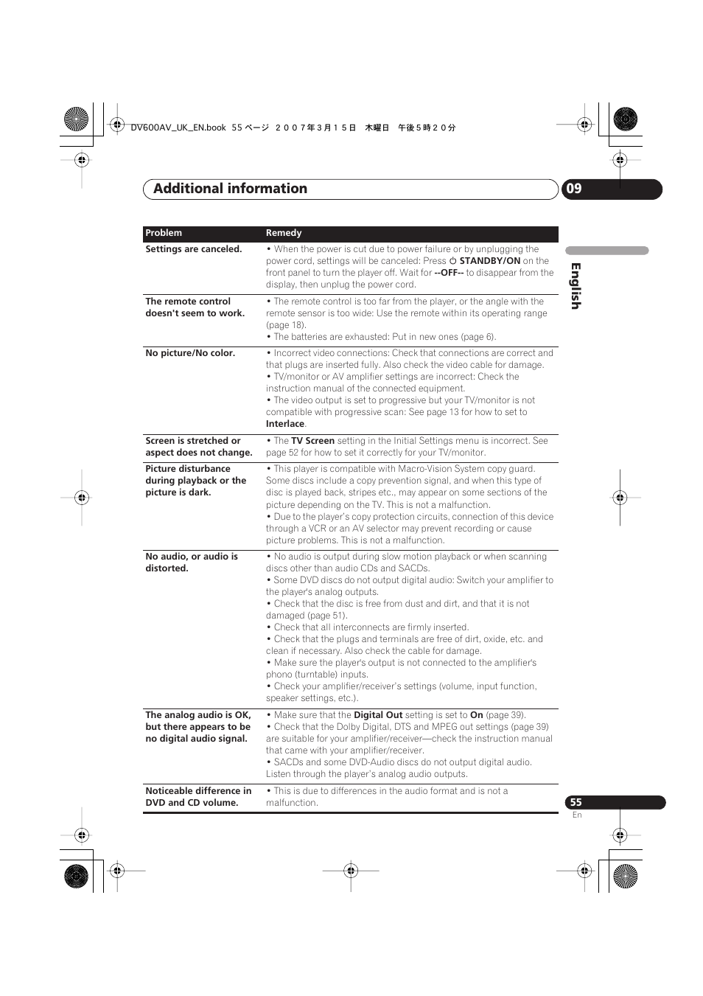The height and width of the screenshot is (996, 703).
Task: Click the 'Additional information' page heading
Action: coord(230,189)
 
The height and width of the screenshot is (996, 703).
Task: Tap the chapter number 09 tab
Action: coord(574,189)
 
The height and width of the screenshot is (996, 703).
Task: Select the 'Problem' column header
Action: coord(164,233)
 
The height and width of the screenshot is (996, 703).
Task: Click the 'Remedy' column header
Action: coord(284,233)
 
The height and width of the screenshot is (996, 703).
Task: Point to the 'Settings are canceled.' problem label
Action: coord(193,249)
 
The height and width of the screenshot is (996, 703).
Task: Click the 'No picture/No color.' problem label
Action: coord(190,353)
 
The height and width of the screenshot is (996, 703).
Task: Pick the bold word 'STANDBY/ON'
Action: coord(489,261)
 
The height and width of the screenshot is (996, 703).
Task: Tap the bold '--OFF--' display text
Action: coord(449,273)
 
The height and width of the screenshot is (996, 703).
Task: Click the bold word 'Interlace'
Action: coord(285,424)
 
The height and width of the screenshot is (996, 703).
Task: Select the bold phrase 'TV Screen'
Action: coord(312,441)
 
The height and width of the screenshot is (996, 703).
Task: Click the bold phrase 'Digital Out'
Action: coord(378,715)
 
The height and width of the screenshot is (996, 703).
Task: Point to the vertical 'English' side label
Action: coord(576,286)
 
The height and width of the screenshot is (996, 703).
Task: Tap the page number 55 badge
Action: coord(576,802)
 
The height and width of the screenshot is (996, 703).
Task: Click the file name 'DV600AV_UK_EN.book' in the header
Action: coord(178,128)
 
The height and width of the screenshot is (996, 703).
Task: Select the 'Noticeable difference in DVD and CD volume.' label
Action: coord(198,797)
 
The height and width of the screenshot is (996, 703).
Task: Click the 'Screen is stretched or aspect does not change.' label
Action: coord(198,447)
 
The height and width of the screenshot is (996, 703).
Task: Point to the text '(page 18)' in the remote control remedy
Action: coord(285,325)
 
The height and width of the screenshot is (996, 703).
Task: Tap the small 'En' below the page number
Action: coord(577,815)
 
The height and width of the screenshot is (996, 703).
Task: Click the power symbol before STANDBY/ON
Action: coord(453,261)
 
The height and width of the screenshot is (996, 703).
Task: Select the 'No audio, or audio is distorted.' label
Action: coord(192,563)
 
